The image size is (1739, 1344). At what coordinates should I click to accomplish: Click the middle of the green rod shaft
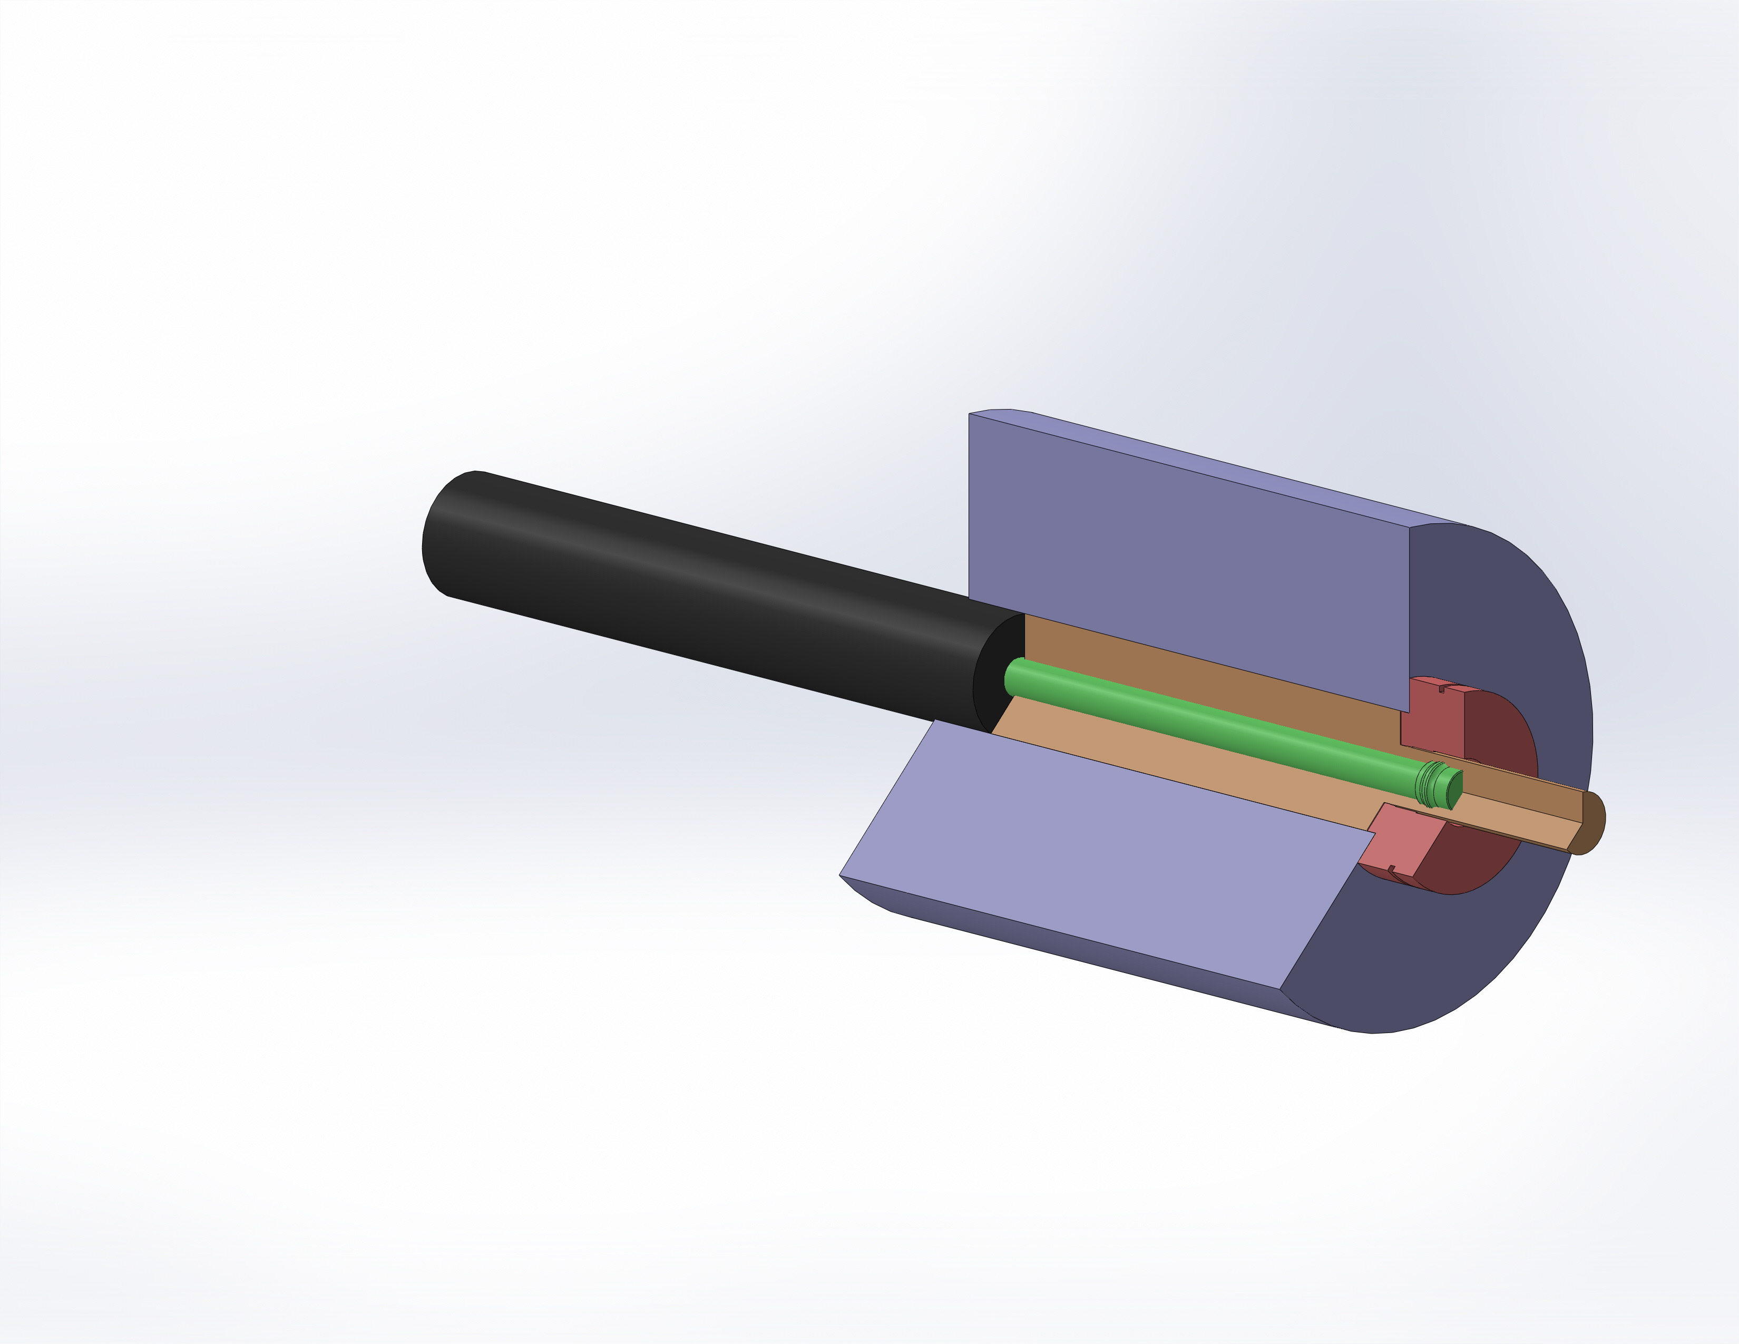pyautogui.click(x=1218, y=728)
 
